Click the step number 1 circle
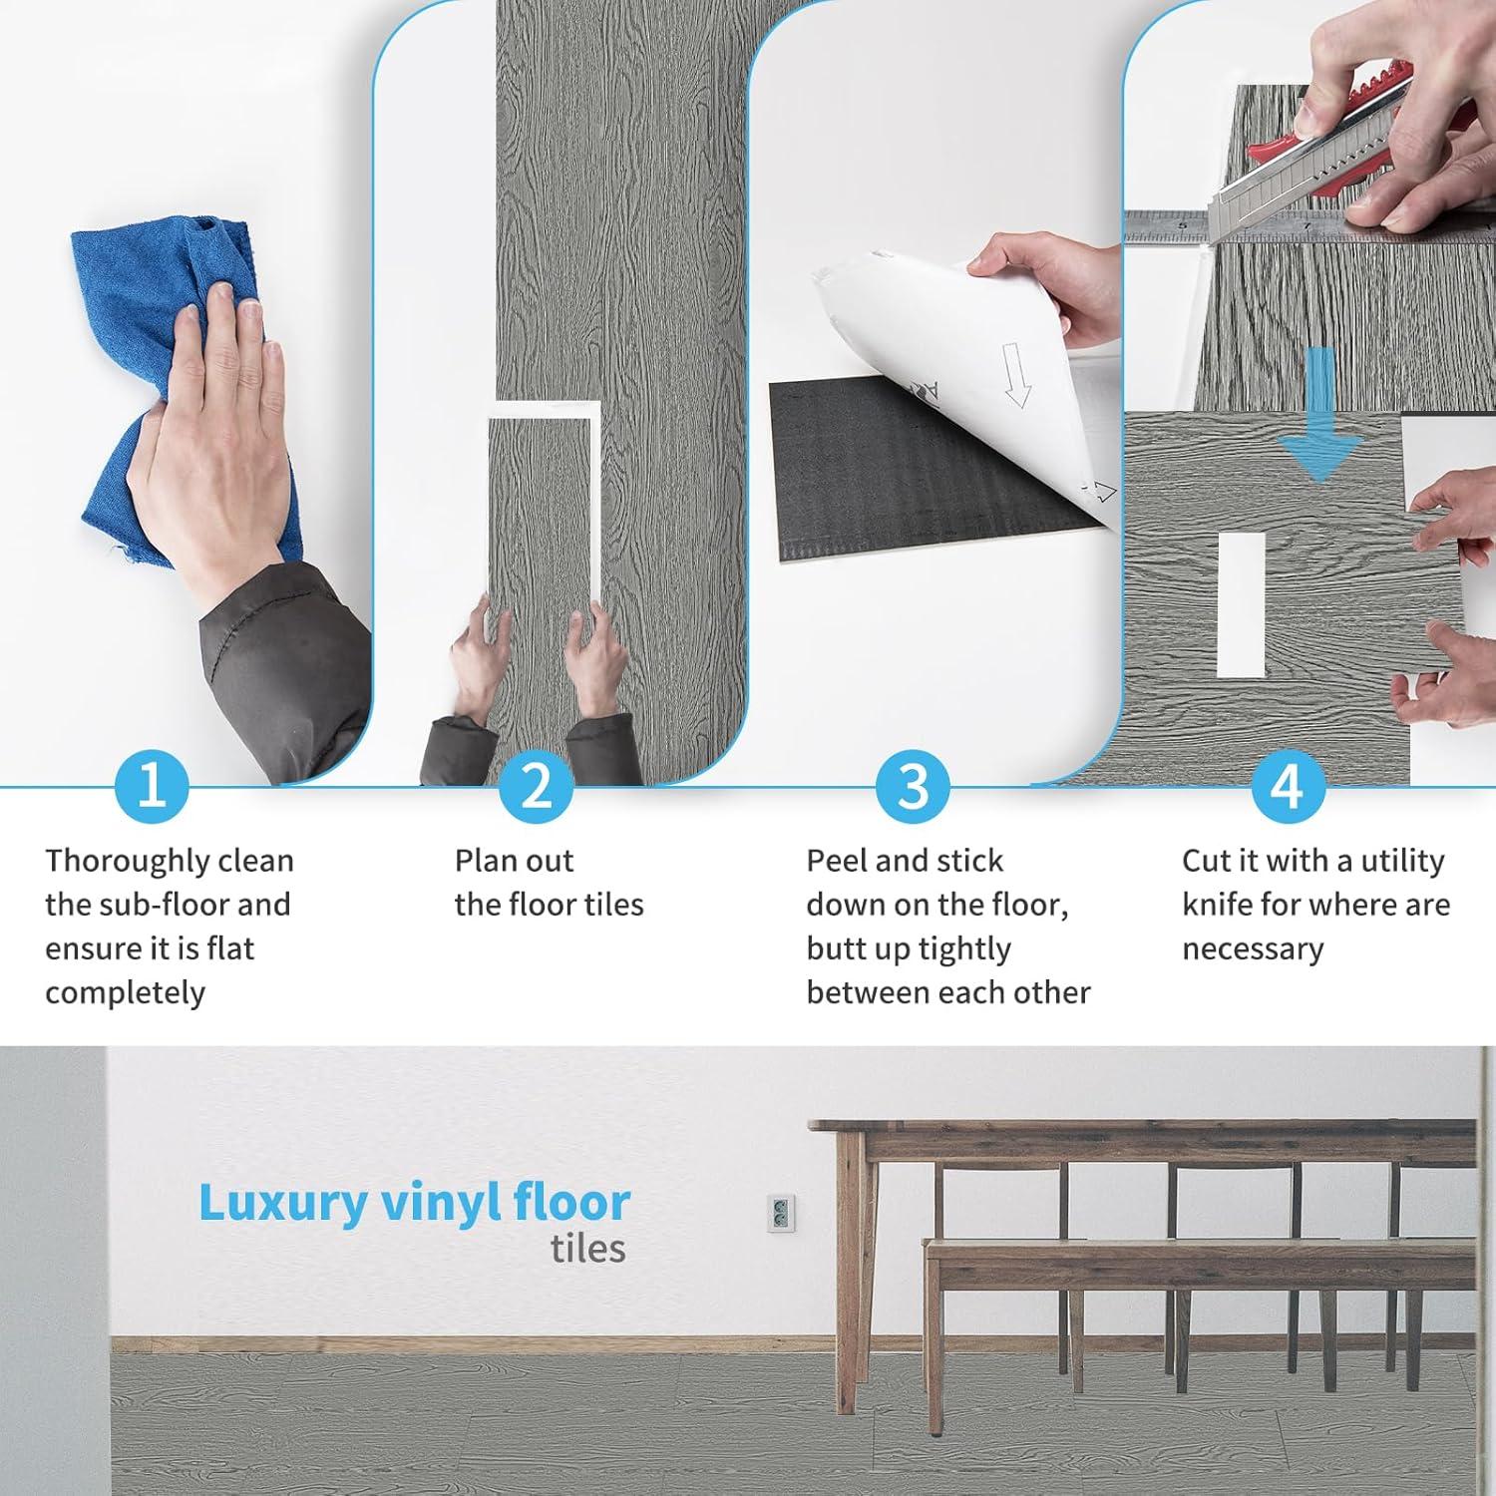pyautogui.click(x=152, y=785)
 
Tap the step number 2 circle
pyautogui.click(x=536, y=785)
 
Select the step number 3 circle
pyautogui.click(x=913, y=785)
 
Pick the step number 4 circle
pyautogui.click(x=1288, y=785)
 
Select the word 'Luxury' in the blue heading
pyautogui.click(x=283, y=1204)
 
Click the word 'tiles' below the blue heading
pyautogui.click(x=588, y=1249)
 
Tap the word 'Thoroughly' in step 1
pyautogui.click(x=127, y=862)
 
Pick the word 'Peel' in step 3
pyautogui.click(x=836, y=861)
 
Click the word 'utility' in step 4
pyautogui.click(x=1402, y=861)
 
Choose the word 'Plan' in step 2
pyautogui.click(x=486, y=861)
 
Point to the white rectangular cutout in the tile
pyautogui.click(x=1242, y=604)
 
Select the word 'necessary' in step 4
pyautogui.click(x=1253, y=949)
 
